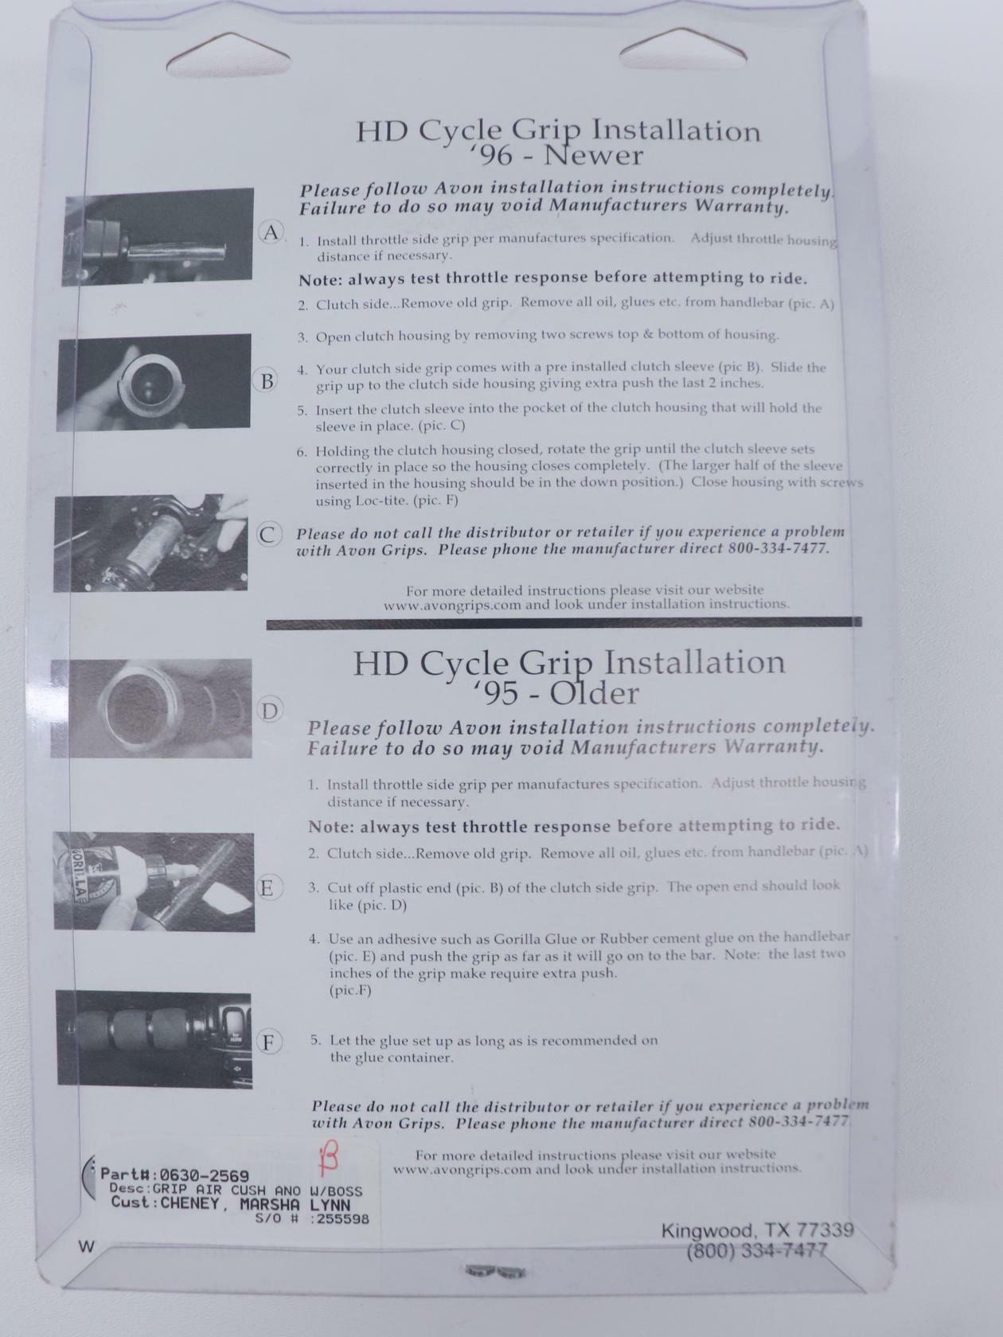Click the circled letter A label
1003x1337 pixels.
[271, 232]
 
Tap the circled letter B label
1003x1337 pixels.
[267, 381]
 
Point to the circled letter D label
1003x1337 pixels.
[269, 711]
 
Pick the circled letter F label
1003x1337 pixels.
[267, 1043]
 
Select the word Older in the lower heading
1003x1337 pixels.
[594, 694]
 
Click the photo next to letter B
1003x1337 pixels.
[154, 382]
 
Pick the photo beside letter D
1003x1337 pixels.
[151, 708]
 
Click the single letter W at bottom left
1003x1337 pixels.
[87, 1247]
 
